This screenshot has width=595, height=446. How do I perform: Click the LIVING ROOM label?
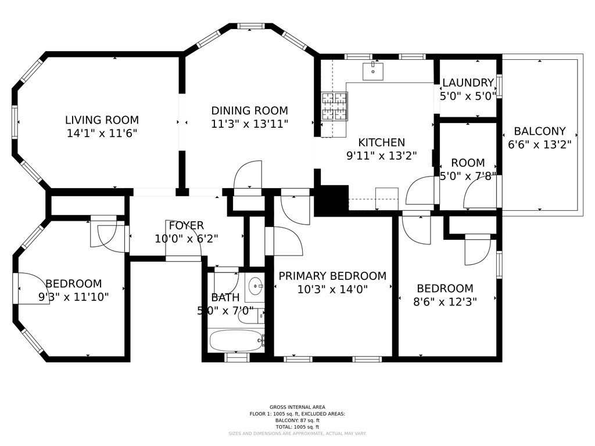coord(102,120)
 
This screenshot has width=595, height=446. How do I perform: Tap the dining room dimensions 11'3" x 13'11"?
coord(249,124)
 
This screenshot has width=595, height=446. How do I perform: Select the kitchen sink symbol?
coord(372,71)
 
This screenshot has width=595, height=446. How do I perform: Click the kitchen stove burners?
coord(335,107)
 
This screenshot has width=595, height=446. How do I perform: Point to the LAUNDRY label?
coord(468,83)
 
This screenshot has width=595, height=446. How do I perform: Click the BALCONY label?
coord(539,131)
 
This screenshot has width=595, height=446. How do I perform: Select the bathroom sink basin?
coord(255,286)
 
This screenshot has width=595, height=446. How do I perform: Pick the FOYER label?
coord(187,225)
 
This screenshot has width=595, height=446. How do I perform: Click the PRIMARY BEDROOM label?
coord(332,276)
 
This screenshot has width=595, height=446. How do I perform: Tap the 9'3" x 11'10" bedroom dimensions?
coord(74,297)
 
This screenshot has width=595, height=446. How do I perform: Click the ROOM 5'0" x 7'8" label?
coord(468,170)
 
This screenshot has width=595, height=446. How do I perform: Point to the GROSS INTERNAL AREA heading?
coord(297,407)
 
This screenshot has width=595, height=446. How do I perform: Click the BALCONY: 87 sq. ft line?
coord(297,420)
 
